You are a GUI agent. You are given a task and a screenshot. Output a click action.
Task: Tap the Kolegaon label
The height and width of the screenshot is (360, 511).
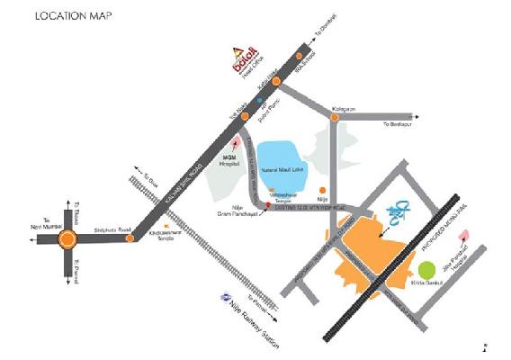(x=344, y=109)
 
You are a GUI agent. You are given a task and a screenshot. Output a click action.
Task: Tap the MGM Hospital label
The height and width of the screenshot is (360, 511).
(x=236, y=158)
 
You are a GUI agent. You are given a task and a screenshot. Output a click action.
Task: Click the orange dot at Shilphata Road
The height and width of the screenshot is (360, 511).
(x=131, y=238)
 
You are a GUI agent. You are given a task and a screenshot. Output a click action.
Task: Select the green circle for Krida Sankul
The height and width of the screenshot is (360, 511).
(x=427, y=268)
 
